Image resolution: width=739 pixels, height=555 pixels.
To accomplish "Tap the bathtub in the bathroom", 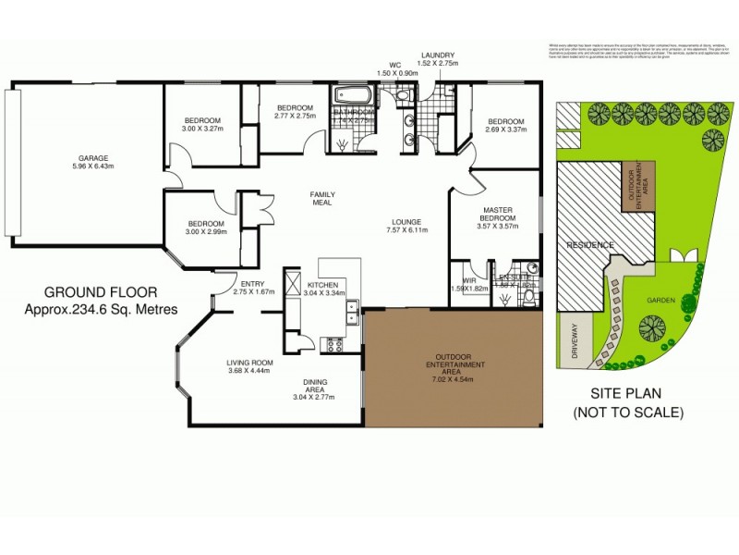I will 352,95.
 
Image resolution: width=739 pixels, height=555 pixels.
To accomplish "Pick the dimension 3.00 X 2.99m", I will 206,232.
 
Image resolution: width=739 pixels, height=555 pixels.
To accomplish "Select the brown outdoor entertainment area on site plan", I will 638,188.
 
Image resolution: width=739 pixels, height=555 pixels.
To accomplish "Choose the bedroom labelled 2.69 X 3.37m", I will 505,126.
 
